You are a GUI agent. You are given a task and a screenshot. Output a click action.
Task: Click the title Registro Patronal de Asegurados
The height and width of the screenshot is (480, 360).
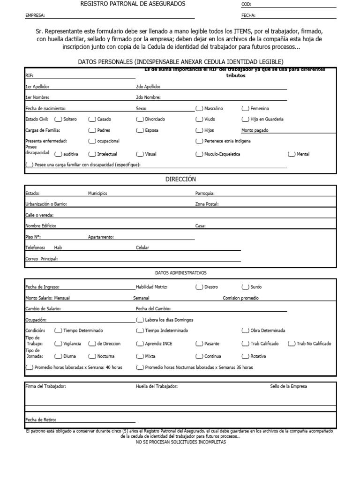[133, 4]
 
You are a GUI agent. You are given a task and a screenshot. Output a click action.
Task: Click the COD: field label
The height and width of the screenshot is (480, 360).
[247, 4]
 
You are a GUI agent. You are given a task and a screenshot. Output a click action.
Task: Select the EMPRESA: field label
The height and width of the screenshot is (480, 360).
[35, 15]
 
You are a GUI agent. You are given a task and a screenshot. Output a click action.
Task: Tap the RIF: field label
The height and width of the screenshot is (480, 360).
[29, 75]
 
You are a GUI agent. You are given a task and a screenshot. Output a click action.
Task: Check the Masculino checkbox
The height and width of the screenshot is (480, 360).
[200, 108]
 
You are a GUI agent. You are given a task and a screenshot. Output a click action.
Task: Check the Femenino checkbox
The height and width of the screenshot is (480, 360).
[246, 108]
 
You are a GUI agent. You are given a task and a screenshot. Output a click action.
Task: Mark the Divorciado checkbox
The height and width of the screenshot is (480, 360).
[140, 119]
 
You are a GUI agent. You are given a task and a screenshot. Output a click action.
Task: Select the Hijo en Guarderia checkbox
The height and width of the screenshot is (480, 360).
[246, 119]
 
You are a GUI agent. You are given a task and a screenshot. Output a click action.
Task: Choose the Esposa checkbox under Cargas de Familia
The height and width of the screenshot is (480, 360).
[140, 130]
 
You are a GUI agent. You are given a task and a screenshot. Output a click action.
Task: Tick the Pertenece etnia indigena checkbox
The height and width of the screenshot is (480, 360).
[200, 141]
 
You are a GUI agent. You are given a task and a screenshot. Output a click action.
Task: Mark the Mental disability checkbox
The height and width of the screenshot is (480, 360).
[292, 154]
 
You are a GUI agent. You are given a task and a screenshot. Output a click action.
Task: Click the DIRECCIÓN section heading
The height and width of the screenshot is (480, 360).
[180, 179]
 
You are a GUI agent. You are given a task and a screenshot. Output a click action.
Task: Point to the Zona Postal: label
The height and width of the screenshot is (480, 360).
[207, 204]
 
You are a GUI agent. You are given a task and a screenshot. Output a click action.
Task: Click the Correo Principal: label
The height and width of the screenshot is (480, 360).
[42, 258]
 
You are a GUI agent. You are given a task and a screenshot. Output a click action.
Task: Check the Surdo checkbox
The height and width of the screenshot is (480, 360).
[246, 287]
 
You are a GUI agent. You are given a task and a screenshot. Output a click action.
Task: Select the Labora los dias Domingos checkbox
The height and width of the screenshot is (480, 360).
[140, 320]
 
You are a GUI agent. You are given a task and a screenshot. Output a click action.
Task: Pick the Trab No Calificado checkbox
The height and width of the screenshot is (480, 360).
[292, 344]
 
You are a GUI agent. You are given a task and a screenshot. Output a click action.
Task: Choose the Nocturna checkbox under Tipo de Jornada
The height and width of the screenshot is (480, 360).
[92, 356]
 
